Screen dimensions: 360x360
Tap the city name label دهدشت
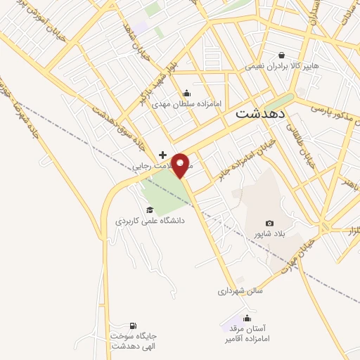[259, 112]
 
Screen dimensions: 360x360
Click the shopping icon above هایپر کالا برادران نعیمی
[281, 55]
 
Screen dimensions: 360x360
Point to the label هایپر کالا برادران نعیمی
[282, 65]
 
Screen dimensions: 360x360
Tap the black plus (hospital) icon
[163, 154]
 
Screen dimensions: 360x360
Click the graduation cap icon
[149, 210]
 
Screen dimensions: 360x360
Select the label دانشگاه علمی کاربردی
[150, 220]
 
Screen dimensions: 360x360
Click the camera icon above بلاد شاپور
[269, 223]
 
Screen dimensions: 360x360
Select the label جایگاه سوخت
[131, 335]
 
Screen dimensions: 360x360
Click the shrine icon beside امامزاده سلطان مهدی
[186, 93]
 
